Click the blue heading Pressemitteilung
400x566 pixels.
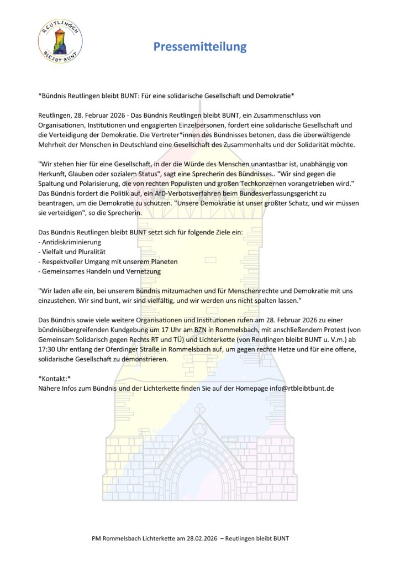[200, 46]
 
